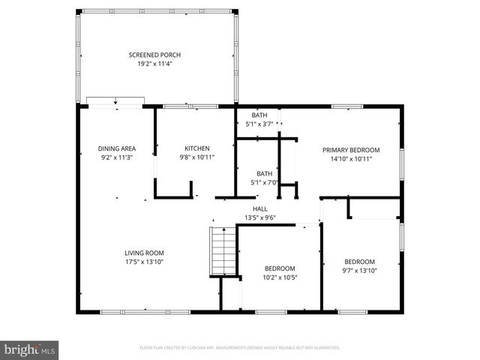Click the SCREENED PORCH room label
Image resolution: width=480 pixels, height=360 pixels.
(154, 55)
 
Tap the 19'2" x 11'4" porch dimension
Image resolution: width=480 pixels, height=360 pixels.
(154, 64)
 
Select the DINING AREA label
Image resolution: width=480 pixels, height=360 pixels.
(117, 148)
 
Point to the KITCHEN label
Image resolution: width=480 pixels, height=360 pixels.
(197, 148)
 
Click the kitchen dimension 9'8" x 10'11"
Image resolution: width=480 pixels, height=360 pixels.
(197, 157)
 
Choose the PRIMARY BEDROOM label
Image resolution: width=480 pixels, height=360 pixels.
(351, 149)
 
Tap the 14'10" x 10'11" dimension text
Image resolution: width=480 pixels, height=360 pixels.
(351, 158)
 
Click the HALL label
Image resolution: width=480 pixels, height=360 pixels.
(259, 209)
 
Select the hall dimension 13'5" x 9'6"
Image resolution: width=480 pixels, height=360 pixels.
(259, 218)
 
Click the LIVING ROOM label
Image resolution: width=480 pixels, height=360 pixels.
(144, 253)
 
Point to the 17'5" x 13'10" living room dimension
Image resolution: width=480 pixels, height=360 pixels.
(144, 262)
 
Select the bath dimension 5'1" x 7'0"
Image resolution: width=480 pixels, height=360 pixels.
(265, 182)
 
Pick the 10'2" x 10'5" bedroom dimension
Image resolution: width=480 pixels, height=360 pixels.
(280, 277)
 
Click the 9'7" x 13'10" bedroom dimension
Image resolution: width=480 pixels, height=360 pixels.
(359, 271)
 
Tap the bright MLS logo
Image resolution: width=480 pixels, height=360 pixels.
(30, 349)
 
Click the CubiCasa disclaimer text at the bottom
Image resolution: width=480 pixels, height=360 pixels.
(240, 348)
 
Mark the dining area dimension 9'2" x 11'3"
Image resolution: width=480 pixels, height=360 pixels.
(117, 157)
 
